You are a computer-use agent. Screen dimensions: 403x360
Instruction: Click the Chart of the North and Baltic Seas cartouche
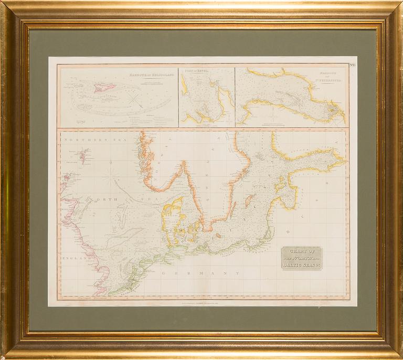click(301, 258)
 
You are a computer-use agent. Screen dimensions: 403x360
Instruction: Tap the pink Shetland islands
click(83, 155)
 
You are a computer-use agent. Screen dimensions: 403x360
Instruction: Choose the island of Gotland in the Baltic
click(250, 201)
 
